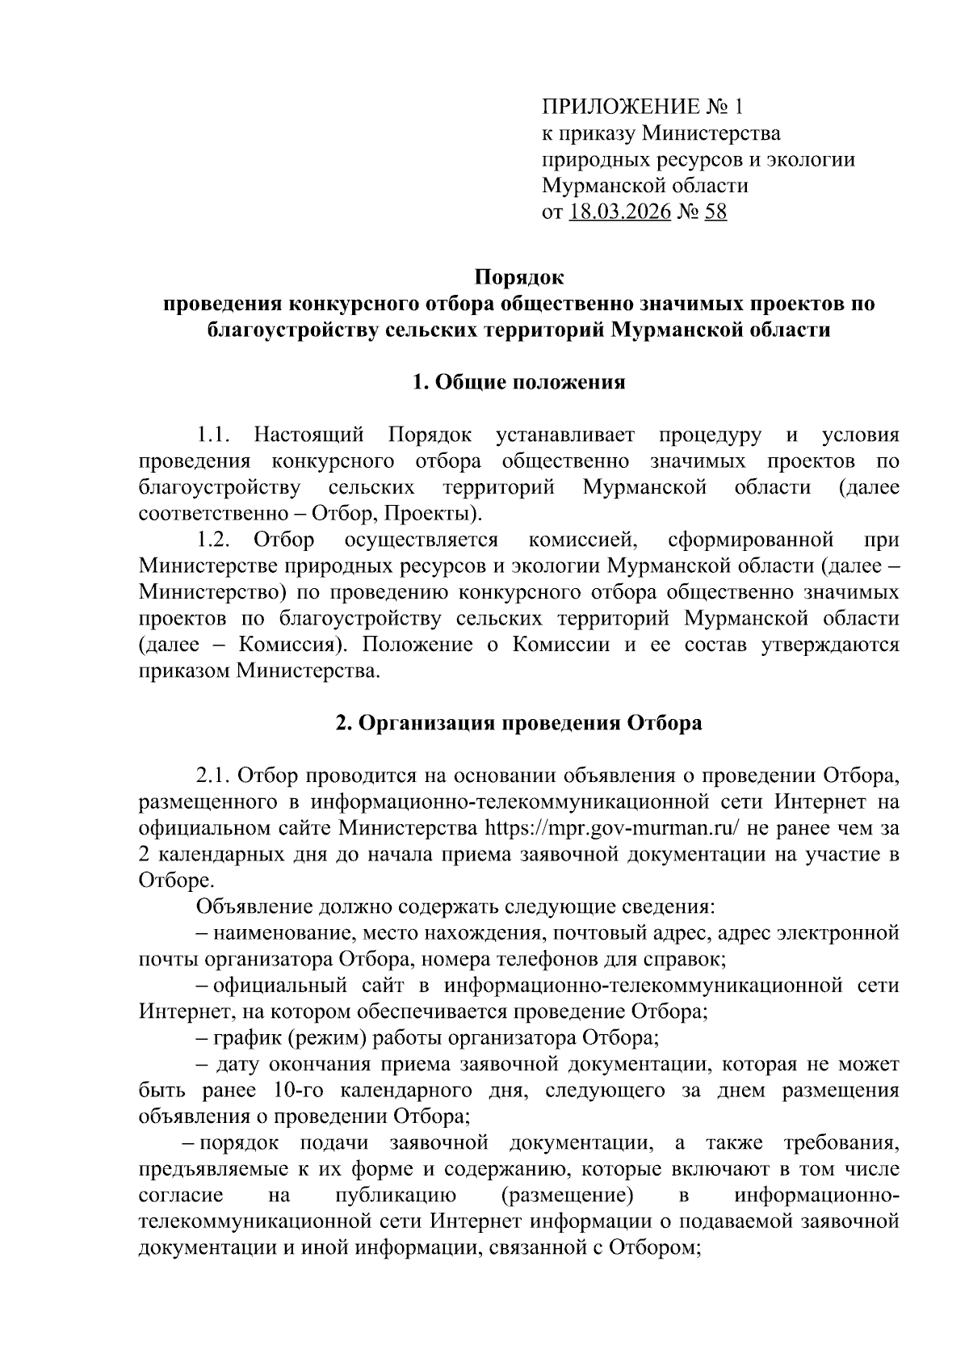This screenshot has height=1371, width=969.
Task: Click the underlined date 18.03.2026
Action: click(x=620, y=212)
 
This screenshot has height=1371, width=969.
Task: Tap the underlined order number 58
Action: click(x=715, y=212)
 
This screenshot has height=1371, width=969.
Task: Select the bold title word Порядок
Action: click(x=518, y=278)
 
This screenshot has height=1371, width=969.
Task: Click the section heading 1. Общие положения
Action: click(x=518, y=382)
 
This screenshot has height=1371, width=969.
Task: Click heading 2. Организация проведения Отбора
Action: click(x=518, y=722)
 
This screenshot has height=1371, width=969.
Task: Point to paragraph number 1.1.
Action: click(x=214, y=435)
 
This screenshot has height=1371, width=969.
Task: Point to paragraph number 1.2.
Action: click(x=214, y=540)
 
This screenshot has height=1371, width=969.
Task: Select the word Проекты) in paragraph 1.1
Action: click(x=443, y=514)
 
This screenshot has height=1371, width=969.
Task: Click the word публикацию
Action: click(x=395, y=1195)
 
